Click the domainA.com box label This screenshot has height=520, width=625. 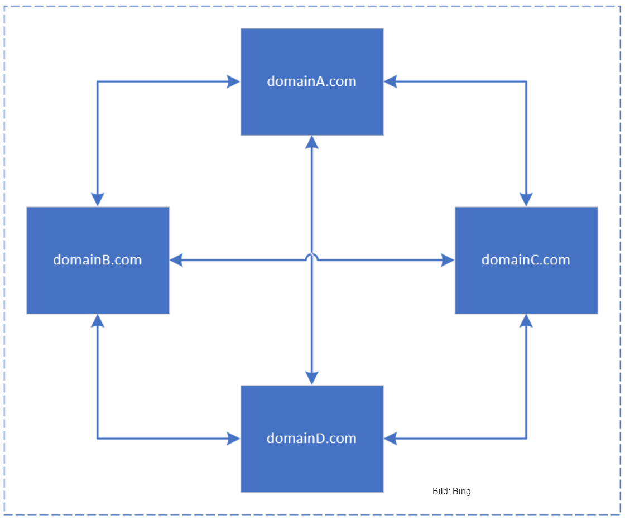[311, 81]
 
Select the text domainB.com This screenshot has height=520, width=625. [97, 260]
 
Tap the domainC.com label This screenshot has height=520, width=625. [526, 260]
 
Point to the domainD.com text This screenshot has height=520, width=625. [311, 439]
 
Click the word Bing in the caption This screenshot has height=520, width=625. [461, 492]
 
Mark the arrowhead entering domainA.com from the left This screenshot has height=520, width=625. [233, 81]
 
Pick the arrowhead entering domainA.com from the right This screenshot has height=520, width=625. [391, 81]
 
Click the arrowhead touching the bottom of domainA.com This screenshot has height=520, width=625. [312, 143]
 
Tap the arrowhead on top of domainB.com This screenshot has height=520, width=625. [98, 200]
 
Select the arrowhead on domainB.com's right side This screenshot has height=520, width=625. [176, 260]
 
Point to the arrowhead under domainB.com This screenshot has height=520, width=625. [98, 321]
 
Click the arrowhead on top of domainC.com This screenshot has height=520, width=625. [526, 200]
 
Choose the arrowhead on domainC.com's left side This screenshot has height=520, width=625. [448, 260]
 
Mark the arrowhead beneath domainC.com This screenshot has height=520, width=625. [526, 321]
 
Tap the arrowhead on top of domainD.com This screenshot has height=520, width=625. [312, 378]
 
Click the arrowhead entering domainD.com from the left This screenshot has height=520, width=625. [233, 439]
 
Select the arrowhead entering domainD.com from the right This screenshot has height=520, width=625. [391, 439]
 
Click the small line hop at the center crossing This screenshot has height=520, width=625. [312, 257]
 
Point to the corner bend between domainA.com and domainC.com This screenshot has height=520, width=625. [526, 81]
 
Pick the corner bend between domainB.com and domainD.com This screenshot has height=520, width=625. [98, 439]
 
